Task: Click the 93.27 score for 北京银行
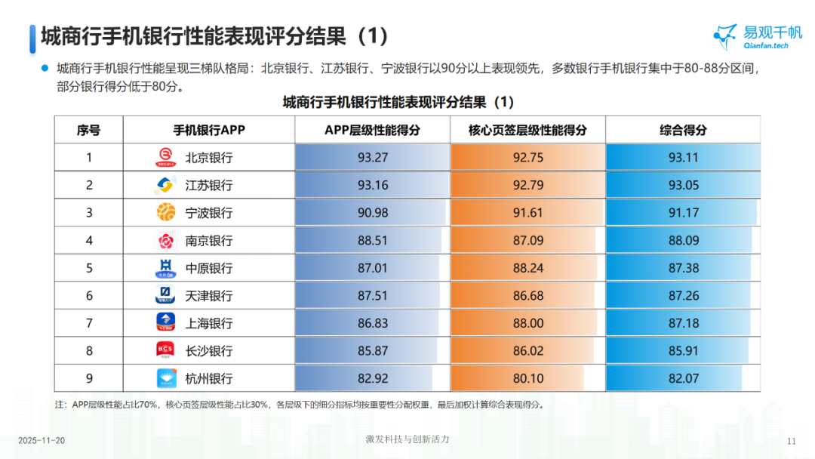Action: pyautogui.click(x=372, y=158)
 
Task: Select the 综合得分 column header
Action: pyautogui.click(x=683, y=130)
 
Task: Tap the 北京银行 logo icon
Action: pyautogui.click(x=165, y=158)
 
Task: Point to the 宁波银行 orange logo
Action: pyautogui.click(x=165, y=213)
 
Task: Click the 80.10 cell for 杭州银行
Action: pyautogui.click(x=527, y=378)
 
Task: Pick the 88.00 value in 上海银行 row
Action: pyautogui.click(x=527, y=323)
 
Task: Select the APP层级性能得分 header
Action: pyautogui.click(x=372, y=130)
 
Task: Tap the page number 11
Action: pyautogui.click(x=792, y=441)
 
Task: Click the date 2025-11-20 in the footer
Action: pyautogui.click(x=42, y=440)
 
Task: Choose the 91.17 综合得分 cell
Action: pyautogui.click(x=683, y=213)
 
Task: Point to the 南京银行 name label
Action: pyautogui.click(x=209, y=241)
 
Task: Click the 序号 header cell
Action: pyautogui.click(x=88, y=130)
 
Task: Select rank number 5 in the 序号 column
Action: pyautogui.click(x=88, y=268)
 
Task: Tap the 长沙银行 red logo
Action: pyautogui.click(x=165, y=350)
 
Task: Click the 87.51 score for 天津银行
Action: pyautogui.click(x=372, y=296)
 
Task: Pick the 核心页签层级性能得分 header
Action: pyautogui.click(x=527, y=130)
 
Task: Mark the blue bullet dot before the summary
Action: pyautogui.click(x=45, y=68)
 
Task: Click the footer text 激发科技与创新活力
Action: pyautogui.click(x=407, y=439)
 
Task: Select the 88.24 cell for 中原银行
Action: pyautogui.click(x=527, y=268)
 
